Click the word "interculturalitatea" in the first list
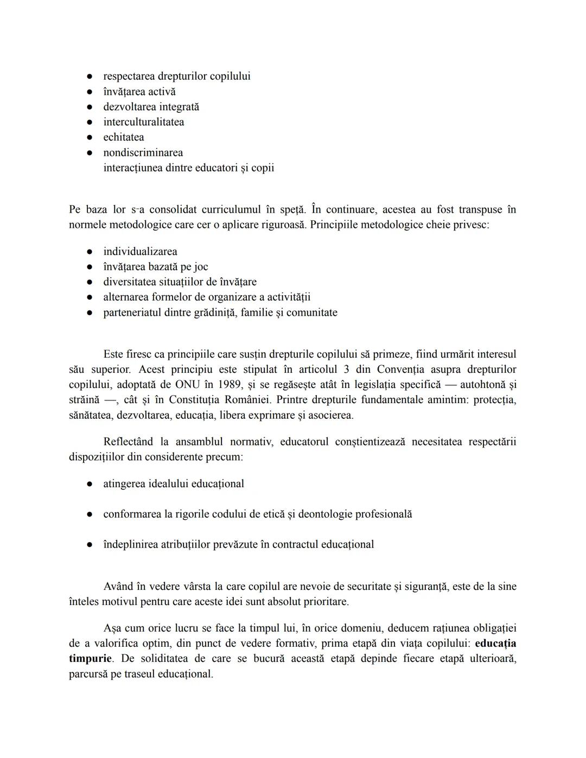click(143, 122)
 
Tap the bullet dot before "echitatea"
click(90, 137)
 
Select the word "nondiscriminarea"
click(143, 152)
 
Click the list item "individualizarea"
click(140, 252)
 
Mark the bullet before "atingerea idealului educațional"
click(90, 484)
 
